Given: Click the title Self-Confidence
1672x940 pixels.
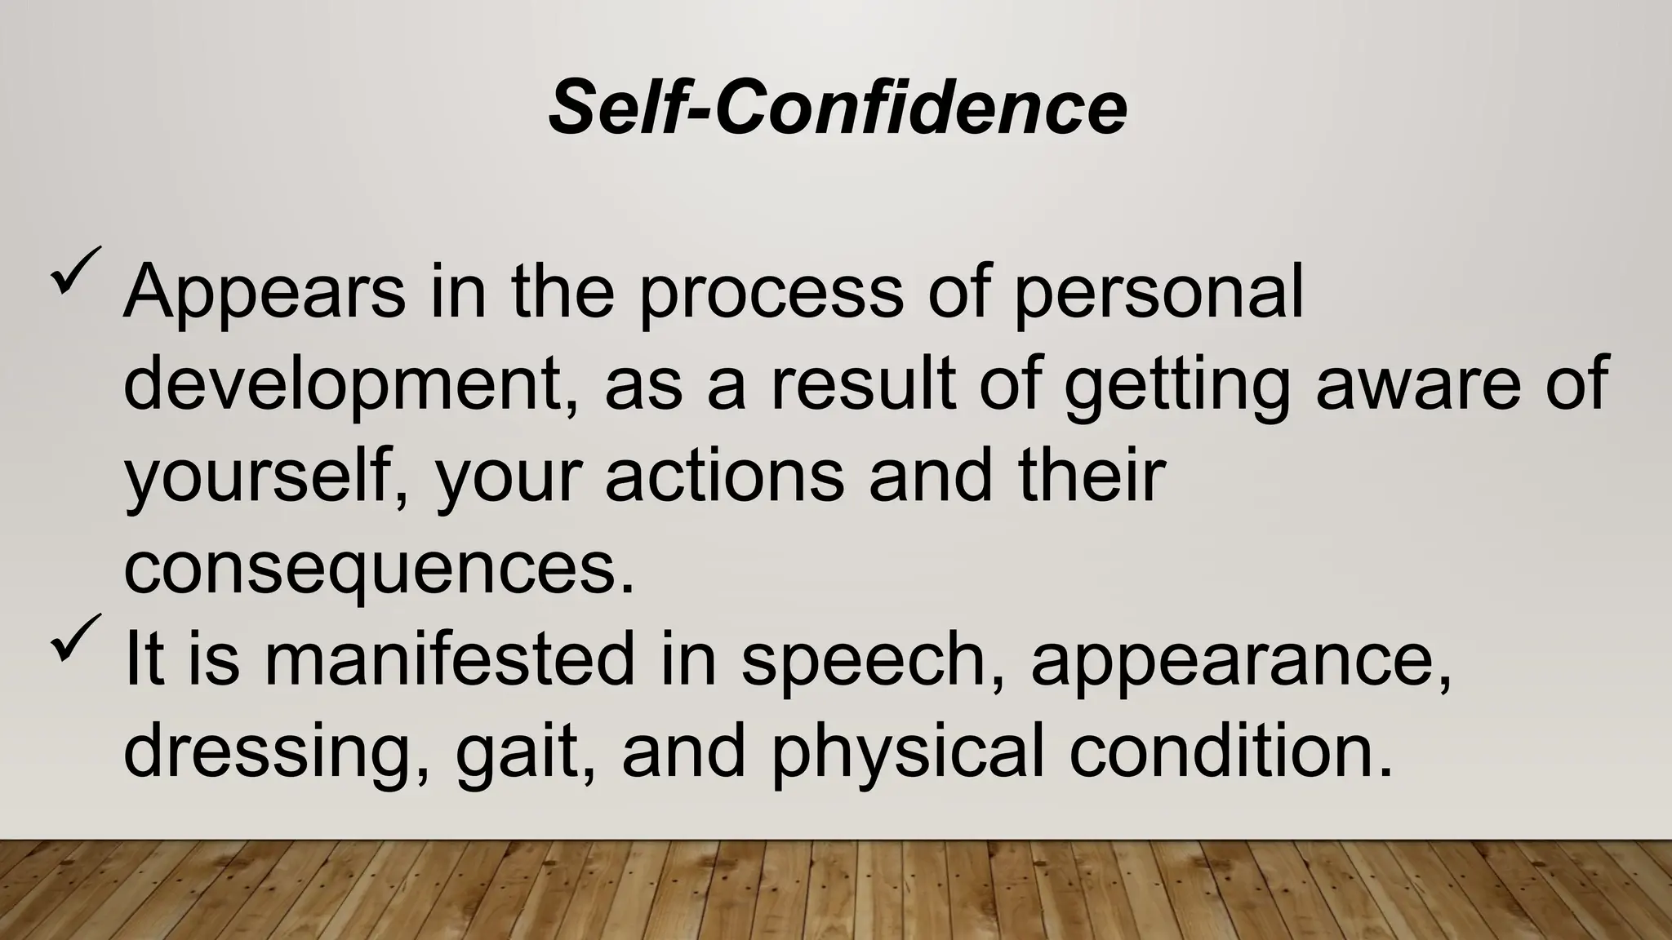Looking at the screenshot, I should coord(838,108).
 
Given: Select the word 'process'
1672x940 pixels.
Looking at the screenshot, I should coord(771,294).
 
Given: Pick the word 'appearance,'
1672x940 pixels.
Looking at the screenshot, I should coord(1241,661).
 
